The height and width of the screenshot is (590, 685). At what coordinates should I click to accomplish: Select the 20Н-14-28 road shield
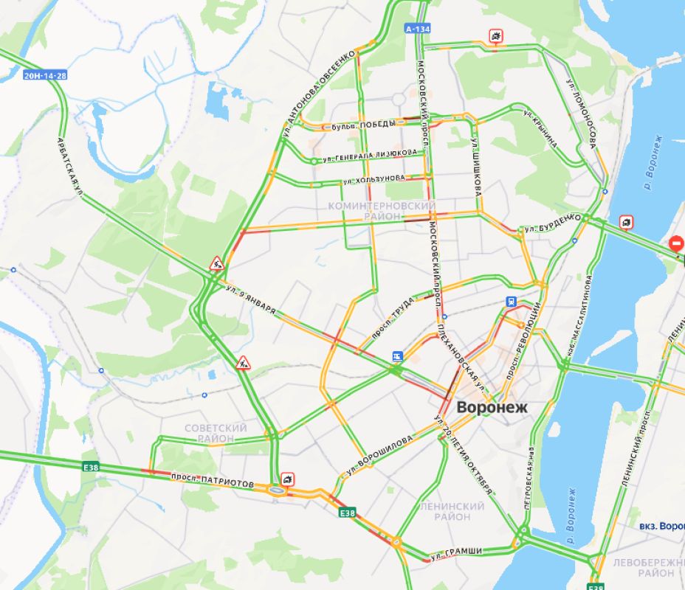click(45, 75)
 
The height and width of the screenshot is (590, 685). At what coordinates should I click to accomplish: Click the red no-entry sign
click(675, 243)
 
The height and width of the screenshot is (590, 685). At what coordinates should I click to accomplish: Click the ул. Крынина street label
click(540, 130)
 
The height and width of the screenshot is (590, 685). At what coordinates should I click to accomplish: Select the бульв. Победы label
click(363, 126)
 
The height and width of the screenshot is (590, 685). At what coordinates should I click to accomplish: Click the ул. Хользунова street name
click(374, 179)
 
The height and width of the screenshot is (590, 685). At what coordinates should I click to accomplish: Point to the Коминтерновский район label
click(382, 210)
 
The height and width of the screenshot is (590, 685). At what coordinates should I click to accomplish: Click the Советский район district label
click(216, 433)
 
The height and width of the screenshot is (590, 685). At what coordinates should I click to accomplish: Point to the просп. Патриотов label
click(213, 480)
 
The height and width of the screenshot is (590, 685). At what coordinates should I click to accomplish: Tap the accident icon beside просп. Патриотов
click(287, 479)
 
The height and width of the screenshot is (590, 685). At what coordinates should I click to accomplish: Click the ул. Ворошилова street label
click(384, 451)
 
